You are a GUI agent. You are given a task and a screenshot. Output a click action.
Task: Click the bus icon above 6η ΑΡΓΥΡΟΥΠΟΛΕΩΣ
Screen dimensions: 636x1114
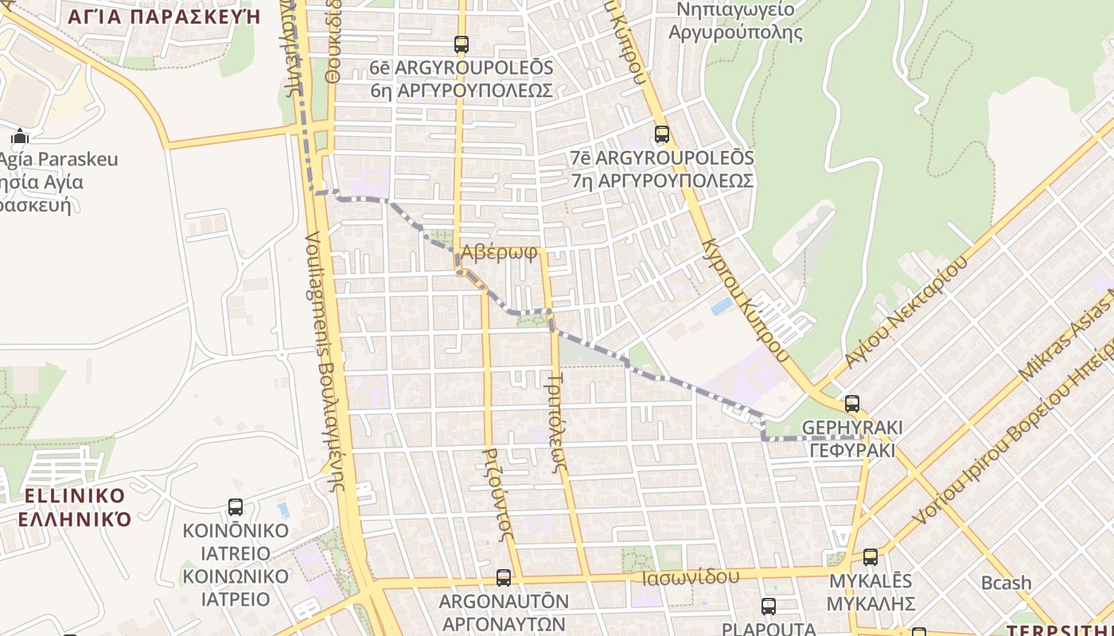tap(462, 45)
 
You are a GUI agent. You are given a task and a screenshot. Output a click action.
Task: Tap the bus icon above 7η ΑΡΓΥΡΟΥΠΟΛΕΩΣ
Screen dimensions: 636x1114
tap(661, 134)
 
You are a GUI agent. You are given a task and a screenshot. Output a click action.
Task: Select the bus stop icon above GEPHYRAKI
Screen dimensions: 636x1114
tap(852, 404)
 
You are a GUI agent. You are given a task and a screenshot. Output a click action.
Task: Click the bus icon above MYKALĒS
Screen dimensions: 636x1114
tap(871, 556)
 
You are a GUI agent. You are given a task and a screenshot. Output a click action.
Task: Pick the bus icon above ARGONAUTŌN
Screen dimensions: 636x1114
tap(503, 578)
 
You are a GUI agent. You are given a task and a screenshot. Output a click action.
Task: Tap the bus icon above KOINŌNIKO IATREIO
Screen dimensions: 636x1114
tap(236, 507)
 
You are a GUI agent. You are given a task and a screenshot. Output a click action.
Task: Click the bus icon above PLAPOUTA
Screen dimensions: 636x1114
tap(769, 607)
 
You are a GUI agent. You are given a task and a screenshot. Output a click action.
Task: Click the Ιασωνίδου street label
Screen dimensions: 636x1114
tap(690, 576)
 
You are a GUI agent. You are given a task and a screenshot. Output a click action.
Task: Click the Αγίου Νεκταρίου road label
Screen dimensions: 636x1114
tap(906, 312)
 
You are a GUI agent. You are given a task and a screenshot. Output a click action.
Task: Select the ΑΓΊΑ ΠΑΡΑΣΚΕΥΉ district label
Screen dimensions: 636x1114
tap(165, 16)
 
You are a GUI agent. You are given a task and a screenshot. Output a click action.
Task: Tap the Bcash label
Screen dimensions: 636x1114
tap(1006, 583)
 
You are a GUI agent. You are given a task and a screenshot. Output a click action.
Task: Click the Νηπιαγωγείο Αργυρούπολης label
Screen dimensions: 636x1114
tap(735, 21)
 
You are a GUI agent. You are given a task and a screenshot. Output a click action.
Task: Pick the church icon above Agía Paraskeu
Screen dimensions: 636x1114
tap(20, 137)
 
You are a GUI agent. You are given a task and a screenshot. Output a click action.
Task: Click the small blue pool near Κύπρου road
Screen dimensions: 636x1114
tap(722, 306)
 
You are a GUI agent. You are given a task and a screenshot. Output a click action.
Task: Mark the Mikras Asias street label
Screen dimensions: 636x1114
tap(1066, 334)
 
